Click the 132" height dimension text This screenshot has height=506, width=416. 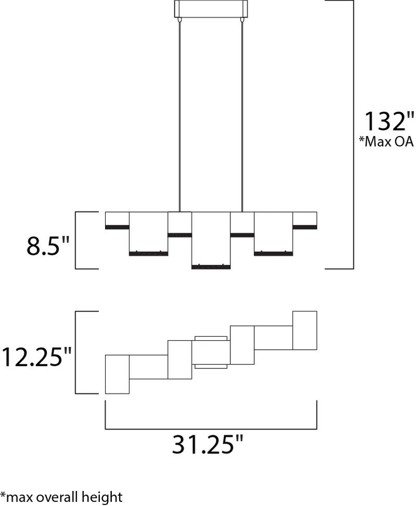pos(389,121)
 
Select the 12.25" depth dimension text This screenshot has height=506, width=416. pos(36,357)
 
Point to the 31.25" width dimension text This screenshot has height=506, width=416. pos(207,444)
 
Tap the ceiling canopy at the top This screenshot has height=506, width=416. pos(211,9)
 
